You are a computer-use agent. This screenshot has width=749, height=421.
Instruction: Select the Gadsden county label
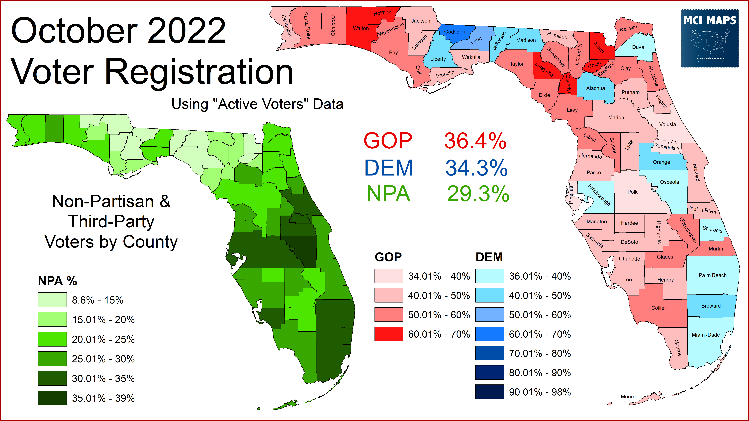click(x=455, y=32)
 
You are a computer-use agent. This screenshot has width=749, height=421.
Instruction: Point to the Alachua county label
click(x=595, y=88)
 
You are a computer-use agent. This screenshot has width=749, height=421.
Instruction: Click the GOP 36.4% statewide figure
click(x=475, y=141)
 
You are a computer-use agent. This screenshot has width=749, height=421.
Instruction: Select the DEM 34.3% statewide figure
click(x=476, y=168)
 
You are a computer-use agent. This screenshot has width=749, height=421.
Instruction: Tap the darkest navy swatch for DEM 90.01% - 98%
click(x=489, y=392)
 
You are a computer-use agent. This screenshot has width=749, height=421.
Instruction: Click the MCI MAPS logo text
click(x=710, y=21)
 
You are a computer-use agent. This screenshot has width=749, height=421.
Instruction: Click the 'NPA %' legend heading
click(x=57, y=281)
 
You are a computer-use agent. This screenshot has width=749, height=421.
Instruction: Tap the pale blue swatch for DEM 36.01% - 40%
click(x=489, y=276)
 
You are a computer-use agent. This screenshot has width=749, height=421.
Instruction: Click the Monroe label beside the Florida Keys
click(x=630, y=397)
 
